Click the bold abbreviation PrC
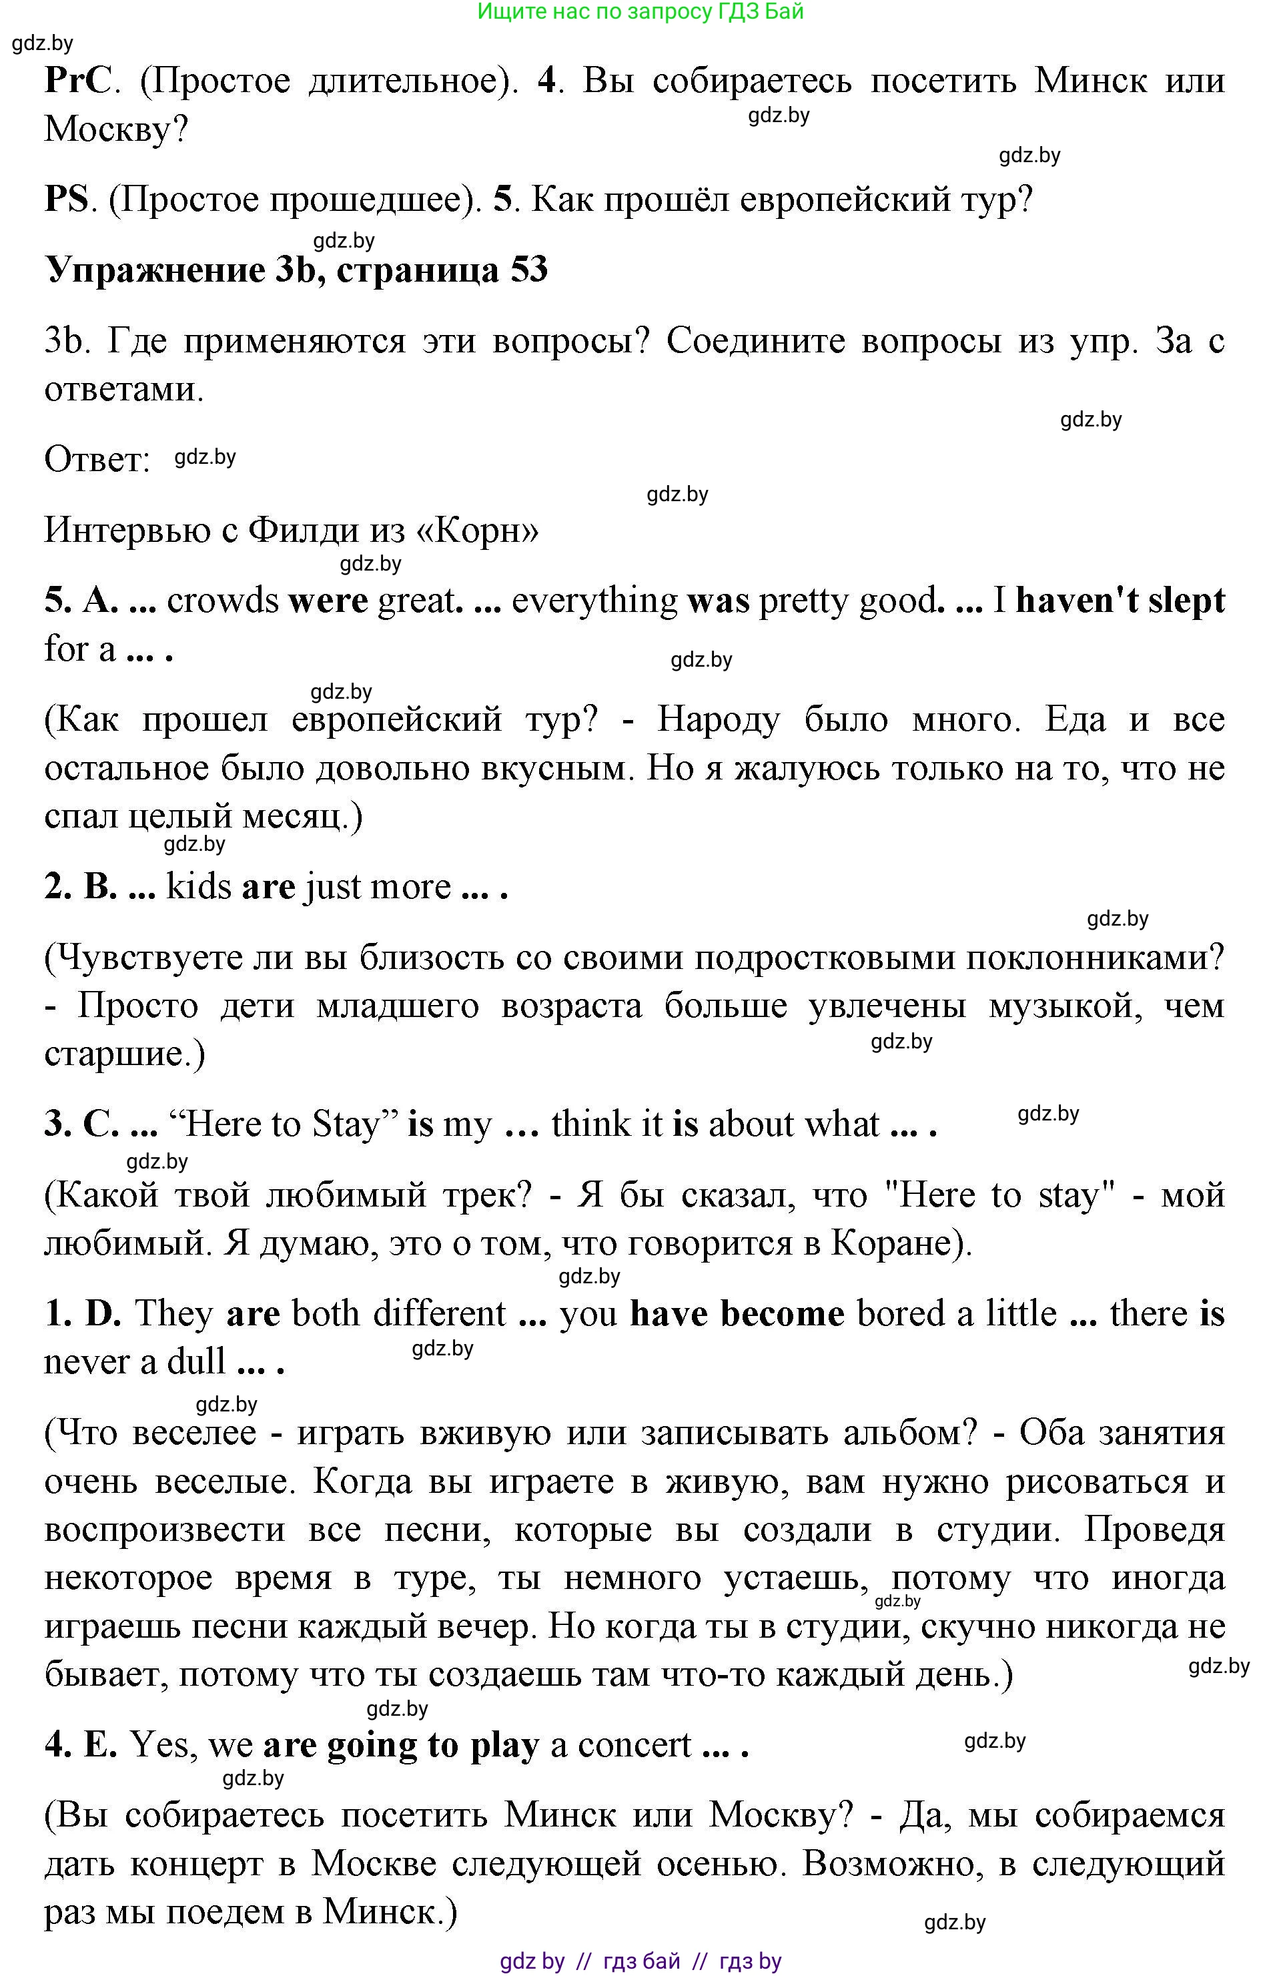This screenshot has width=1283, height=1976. point(77,81)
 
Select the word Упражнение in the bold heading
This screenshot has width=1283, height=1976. point(154,272)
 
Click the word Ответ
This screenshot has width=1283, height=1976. point(96,459)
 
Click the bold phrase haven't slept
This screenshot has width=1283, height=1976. point(1120,600)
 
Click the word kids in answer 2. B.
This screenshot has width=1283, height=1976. point(198,887)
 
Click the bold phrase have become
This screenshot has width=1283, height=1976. point(737,1313)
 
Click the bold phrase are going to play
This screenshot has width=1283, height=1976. point(401,1744)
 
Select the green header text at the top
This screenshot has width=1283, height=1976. point(640,11)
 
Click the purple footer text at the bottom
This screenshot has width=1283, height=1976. point(640,1961)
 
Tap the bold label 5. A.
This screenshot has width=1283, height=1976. point(81,600)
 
